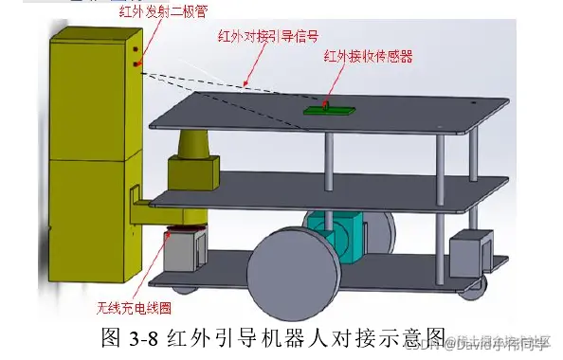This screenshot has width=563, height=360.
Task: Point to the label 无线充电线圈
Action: pos(134,309)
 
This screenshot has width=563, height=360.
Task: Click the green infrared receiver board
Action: pos(324,110)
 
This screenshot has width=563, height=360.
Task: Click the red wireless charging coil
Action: pos(184,229)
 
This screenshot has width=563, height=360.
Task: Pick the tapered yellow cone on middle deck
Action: pos(192,146)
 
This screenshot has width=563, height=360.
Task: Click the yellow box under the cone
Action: pos(193,173)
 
